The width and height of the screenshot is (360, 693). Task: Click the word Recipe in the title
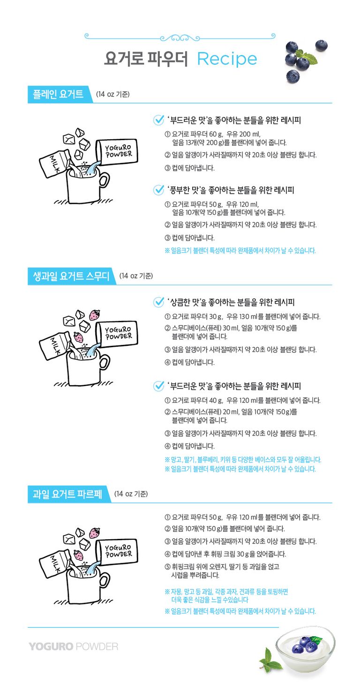coord(227,59)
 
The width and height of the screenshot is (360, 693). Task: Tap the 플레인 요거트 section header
coord(58,94)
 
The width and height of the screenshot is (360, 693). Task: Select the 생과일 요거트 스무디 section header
coord(71,276)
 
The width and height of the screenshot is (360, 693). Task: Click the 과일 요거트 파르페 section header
coord(67,494)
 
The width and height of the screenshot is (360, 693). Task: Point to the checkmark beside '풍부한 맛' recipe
coord(158,190)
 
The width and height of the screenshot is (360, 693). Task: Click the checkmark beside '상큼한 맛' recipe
coord(158,302)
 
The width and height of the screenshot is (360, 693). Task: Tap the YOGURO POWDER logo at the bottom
coord(74,646)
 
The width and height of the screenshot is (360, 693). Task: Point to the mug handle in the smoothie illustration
coord(105,362)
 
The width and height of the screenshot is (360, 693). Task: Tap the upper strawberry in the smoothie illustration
coord(94,315)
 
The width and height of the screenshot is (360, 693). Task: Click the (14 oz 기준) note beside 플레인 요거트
coord(112,94)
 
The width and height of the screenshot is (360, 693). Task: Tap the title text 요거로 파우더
coord(146,58)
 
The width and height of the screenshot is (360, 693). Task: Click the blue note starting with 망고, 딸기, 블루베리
coord(243,460)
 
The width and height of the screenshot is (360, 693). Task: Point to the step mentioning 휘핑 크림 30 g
coord(225,554)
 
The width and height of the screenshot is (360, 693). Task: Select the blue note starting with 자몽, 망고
coord(226,596)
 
